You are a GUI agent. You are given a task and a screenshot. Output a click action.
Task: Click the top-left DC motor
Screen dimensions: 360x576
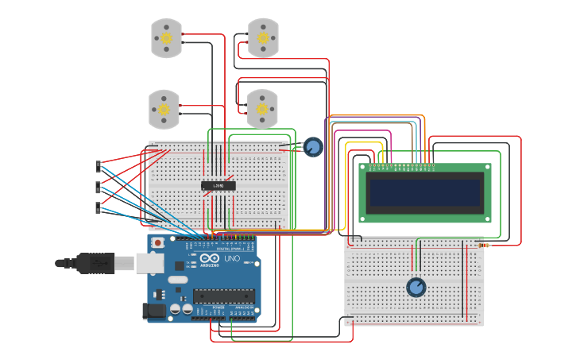(x=167, y=38)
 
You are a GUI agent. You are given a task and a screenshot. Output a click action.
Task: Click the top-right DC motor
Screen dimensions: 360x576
(x=263, y=37)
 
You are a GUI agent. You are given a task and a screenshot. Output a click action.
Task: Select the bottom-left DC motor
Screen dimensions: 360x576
(x=164, y=110)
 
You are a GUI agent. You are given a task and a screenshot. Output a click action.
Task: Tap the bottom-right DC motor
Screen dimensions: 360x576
(x=262, y=109)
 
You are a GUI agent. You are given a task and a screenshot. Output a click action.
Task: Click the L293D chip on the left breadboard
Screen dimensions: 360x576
(x=218, y=186)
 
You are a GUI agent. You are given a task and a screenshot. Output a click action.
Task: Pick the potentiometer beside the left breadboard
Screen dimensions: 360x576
(x=313, y=147)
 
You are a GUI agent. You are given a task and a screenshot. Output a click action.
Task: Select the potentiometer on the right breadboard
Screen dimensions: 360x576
(x=416, y=287)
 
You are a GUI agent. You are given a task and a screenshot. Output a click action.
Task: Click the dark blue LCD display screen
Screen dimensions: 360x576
(x=424, y=193)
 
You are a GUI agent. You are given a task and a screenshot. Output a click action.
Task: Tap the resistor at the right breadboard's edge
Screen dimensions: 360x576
(x=485, y=246)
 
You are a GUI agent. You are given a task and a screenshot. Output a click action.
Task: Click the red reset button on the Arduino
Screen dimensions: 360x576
(x=158, y=242)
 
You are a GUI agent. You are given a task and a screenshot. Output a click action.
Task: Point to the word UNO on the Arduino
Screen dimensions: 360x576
(x=230, y=259)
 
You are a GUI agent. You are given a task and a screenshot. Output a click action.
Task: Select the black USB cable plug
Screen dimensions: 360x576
(x=87, y=262)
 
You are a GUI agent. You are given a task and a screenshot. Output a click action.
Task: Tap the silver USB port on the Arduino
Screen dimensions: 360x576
(x=151, y=262)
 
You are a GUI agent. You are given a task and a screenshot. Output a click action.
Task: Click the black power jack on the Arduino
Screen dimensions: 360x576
(x=156, y=312)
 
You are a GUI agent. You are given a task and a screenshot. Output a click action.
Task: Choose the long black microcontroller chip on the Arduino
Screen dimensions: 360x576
(x=224, y=296)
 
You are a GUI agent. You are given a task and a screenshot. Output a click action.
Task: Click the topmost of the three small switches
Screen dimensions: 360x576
(x=99, y=166)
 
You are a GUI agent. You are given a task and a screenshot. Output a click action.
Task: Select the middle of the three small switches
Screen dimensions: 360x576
(x=99, y=187)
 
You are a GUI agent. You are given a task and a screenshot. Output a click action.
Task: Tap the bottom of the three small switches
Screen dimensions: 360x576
(x=99, y=207)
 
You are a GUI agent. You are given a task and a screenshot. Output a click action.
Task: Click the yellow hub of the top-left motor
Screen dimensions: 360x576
(x=167, y=38)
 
